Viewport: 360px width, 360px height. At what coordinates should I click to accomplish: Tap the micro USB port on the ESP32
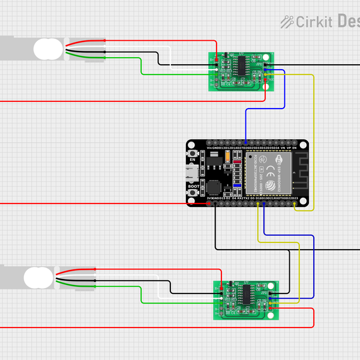[191, 174]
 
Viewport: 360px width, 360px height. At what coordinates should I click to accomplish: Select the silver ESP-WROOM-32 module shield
[268, 173]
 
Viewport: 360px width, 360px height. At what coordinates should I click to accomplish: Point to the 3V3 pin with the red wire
[209, 204]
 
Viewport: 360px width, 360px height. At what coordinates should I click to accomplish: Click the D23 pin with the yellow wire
[295, 204]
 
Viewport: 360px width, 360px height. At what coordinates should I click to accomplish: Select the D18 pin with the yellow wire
[259, 204]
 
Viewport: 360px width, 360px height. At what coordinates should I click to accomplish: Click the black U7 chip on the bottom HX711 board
[247, 294]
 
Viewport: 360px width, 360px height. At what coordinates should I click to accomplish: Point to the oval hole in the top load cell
[48, 49]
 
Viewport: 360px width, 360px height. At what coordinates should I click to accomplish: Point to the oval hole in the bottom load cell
[38, 277]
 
